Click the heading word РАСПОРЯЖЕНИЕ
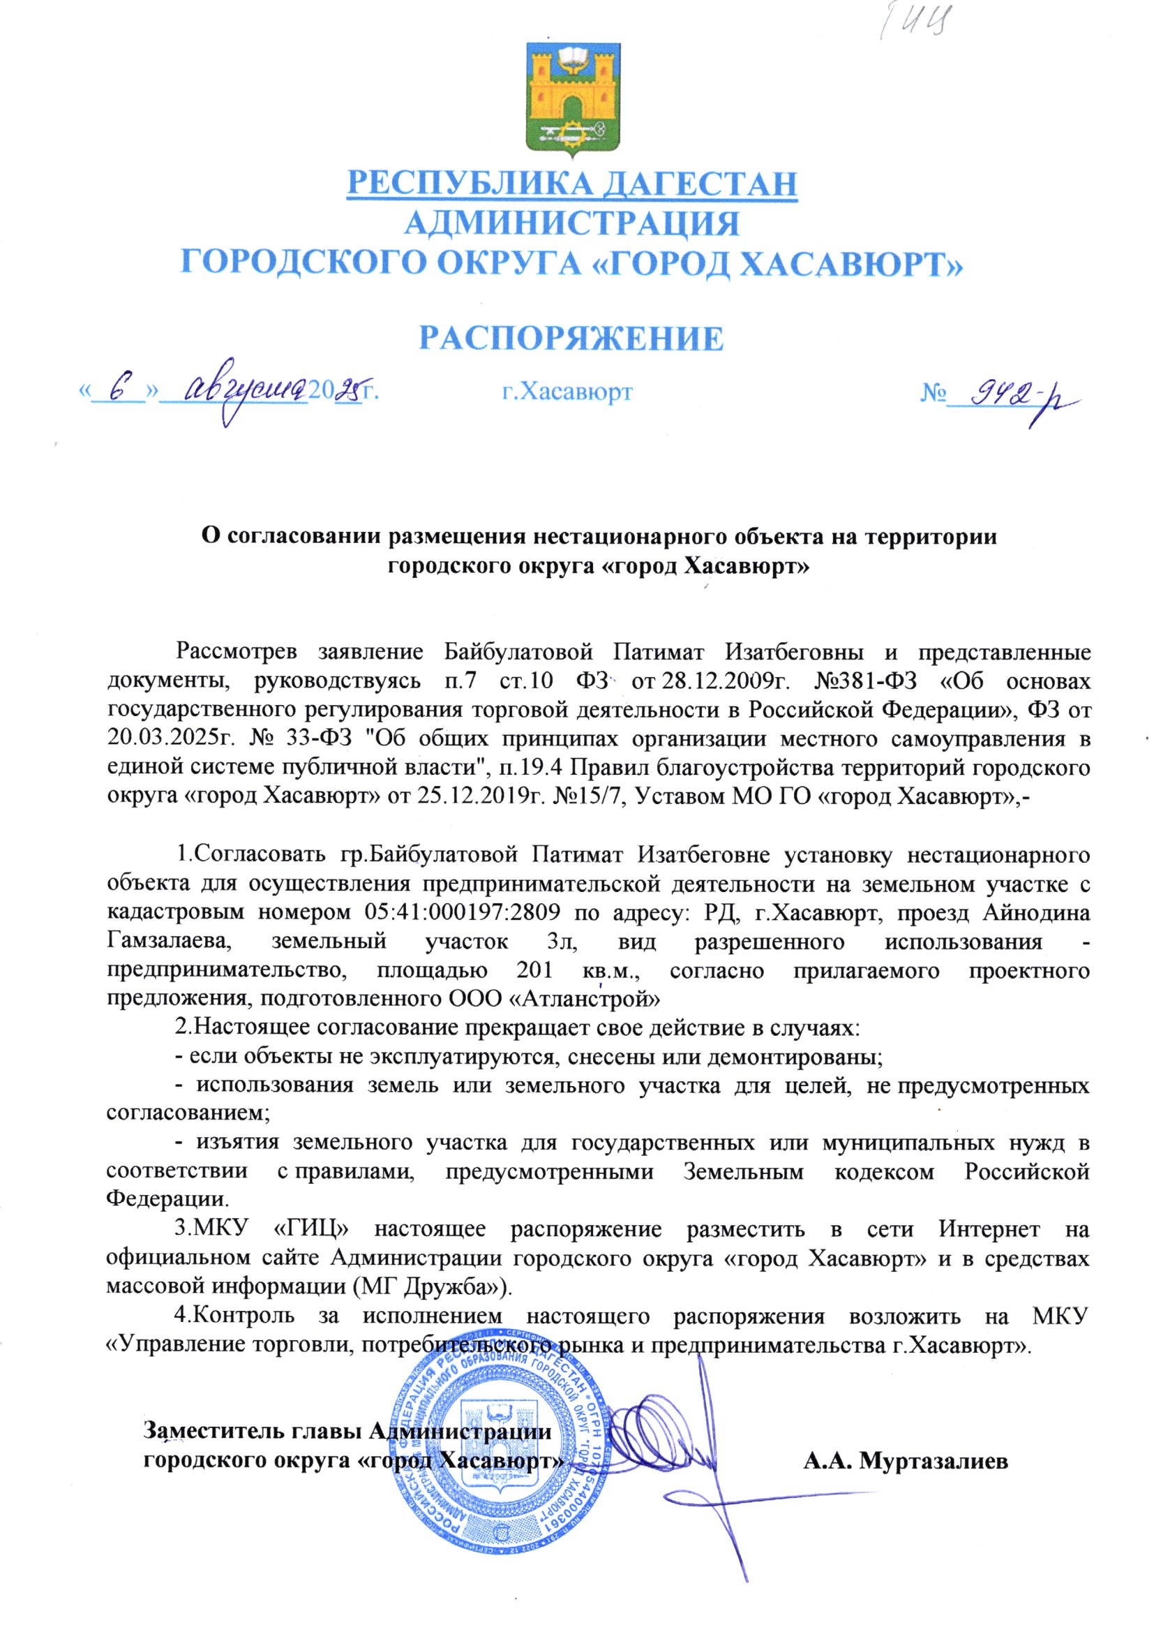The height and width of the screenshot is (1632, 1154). [x=571, y=339]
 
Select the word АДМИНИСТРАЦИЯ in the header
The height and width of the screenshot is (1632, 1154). [x=571, y=224]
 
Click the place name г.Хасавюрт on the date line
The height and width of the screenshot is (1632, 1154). [x=567, y=392]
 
